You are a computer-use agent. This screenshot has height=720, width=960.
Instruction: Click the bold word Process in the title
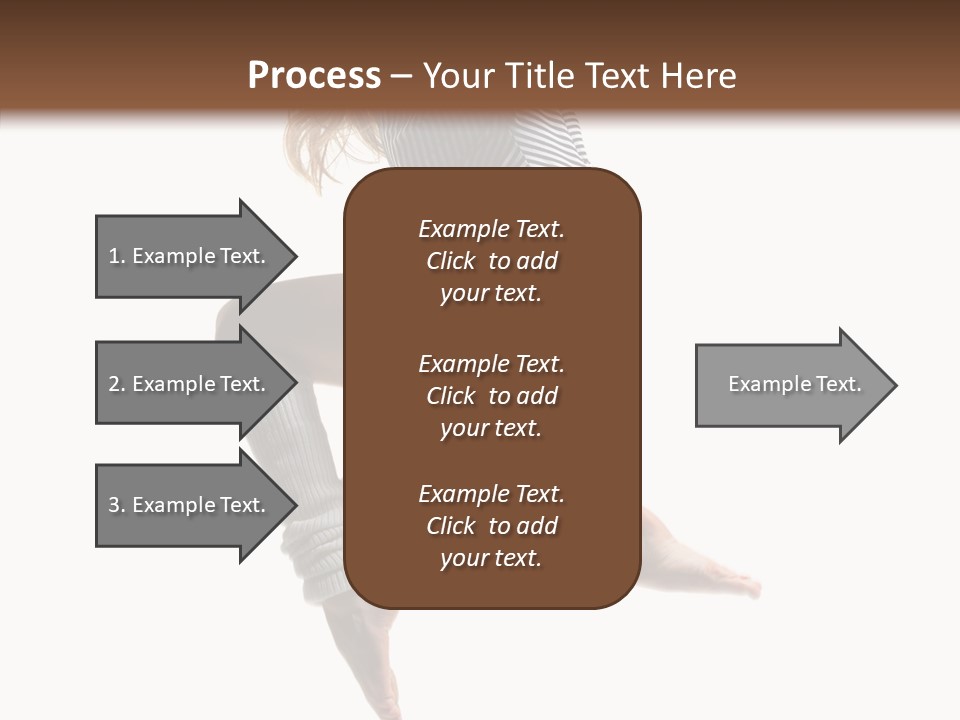click(x=314, y=76)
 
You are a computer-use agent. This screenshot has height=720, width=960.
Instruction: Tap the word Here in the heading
click(x=694, y=76)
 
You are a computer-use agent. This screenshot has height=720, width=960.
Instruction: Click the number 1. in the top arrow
click(x=117, y=256)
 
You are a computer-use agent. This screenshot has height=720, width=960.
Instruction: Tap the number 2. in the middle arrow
click(x=117, y=384)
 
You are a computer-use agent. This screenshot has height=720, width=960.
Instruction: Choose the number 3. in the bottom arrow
click(x=117, y=505)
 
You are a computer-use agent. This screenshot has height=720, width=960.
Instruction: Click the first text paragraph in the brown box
click(x=491, y=261)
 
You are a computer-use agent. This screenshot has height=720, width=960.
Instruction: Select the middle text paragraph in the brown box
click(x=491, y=396)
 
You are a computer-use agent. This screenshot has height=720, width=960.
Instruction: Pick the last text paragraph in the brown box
click(x=491, y=526)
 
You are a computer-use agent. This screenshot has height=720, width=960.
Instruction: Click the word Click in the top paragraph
click(x=450, y=261)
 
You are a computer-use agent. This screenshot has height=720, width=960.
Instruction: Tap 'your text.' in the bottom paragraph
click(x=491, y=558)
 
